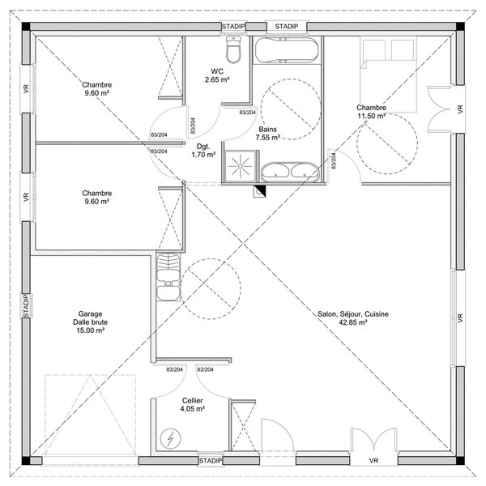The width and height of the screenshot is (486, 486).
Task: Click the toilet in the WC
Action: tap(233, 49)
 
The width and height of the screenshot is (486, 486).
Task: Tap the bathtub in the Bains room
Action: tap(287, 50)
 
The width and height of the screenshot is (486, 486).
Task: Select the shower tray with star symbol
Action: tap(241, 166)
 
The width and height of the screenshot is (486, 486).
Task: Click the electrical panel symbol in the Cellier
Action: tap(170, 438)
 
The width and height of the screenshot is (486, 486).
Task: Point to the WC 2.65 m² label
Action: tap(217, 75)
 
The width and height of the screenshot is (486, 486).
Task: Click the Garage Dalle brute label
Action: tap(91, 322)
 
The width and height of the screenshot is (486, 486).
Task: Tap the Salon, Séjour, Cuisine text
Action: tap(353, 314)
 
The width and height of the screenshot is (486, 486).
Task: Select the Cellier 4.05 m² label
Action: tap(193, 405)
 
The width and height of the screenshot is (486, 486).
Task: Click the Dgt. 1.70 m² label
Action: tap(203, 151)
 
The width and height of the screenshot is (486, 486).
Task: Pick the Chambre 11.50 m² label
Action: tap(371, 112)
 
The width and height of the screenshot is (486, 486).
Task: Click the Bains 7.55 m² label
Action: tap(268, 134)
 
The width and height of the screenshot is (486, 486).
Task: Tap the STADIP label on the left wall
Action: tap(26, 305)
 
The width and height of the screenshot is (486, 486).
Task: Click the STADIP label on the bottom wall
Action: tap(211, 461)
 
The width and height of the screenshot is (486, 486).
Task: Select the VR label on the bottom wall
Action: tap(373, 461)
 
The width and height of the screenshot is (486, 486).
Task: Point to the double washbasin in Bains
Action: tap(290, 172)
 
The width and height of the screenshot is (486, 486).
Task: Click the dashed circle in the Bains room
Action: tap(291, 109)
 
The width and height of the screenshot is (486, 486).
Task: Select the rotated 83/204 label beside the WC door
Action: tap(193, 126)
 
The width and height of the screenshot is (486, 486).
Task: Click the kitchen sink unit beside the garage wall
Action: tap(168, 277)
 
